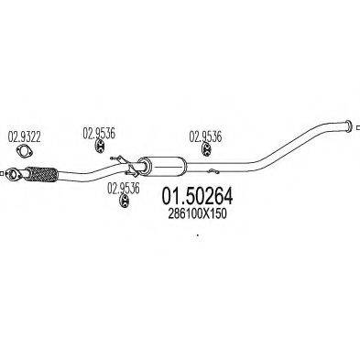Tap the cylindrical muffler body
tap(164, 167)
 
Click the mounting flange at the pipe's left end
tap(13, 171)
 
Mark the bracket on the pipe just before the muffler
tap(115, 164)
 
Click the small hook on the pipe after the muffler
tap(211, 168)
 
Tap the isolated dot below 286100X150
tap(197, 235)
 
